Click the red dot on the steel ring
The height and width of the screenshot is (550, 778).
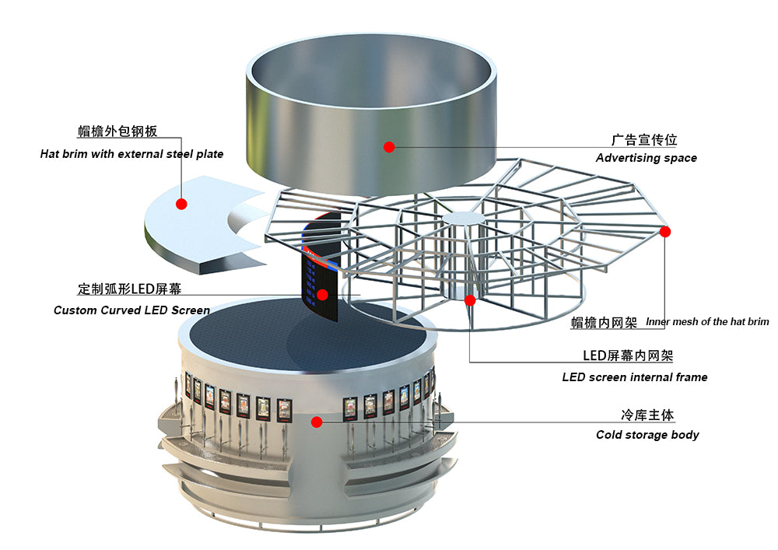(x=389, y=147)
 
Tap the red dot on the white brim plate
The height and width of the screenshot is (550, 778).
(x=181, y=204)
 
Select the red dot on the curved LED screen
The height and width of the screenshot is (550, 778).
(x=323, y=295)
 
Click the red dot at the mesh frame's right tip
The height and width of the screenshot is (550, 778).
(x=665, y=232)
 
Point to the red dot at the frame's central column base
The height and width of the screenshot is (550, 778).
(x=470, y=300)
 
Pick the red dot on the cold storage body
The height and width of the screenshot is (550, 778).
(x=317, y=422)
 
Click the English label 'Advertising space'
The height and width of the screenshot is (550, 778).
(x=646, y=158)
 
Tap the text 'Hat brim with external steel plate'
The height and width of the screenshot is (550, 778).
(x=131, y=154)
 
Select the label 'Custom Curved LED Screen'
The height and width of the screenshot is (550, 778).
(x=131, y=310)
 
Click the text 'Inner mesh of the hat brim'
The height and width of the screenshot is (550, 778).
(x=707, y=321)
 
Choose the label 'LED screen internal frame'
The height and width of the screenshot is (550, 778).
(x=635, y=377)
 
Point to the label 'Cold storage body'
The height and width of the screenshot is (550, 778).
(x=647, y=435)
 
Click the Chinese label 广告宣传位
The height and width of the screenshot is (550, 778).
(x=644, y=140)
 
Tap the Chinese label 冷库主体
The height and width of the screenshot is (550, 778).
(x=647, y=415)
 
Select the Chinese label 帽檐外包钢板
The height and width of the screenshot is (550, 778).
(x=117, y=131)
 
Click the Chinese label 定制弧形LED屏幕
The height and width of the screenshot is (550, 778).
(x=129, y=289)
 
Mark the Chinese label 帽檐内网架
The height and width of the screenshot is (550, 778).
(x=604, y=323)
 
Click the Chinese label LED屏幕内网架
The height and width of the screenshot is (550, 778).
(x=628, y=356)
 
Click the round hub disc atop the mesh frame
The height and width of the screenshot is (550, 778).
(x=464, y=219)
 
